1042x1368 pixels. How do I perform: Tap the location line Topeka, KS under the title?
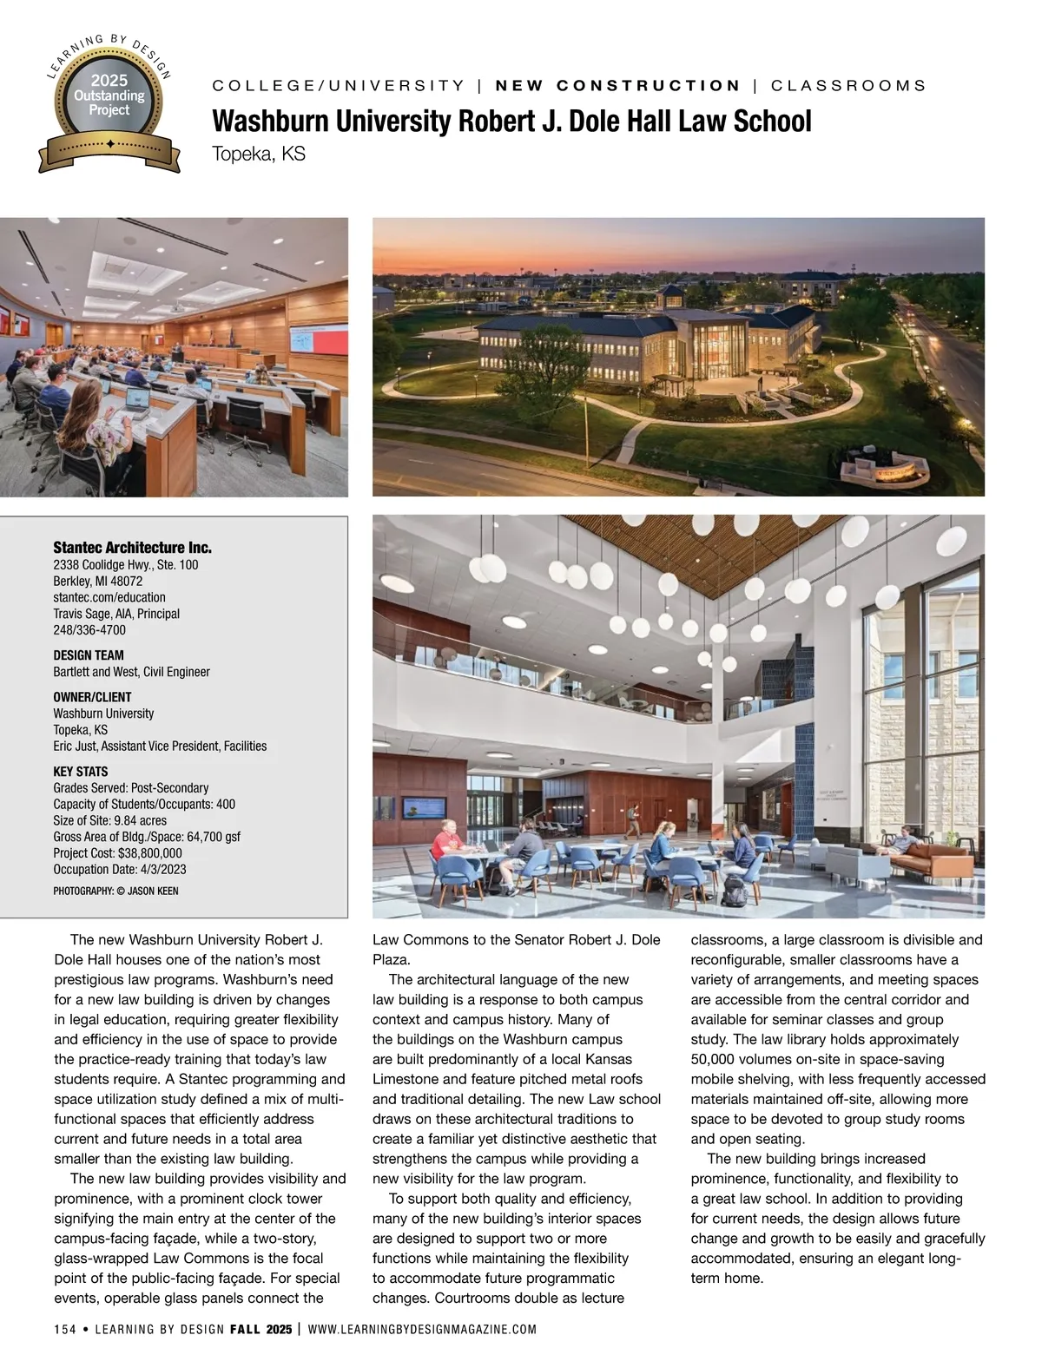pyautogui.click(x=259, y=155)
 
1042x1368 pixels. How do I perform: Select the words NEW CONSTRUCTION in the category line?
pyautogui.click(x=617, y=86)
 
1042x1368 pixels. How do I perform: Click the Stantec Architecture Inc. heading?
pyautogui.click(x=132, y=548)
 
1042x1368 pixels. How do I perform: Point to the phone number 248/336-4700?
pyautogui.click(x=89, y=630)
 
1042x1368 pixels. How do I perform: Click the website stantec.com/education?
pyautogui.click(x=109, y=597)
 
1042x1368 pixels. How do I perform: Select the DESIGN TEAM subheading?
pyautogui.click(x=89, y=655)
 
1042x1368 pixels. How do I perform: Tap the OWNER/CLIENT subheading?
pyautogui.click(x=92, y=697)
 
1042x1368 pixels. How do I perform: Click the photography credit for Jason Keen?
pyautogui.click(x=115, y=891)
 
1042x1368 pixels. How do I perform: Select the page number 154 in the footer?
pyautogui.click(x=65, y=1330)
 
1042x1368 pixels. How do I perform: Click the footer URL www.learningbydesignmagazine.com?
pyautogui.click(x=422, y=1330)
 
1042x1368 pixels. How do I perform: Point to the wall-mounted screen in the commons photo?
pyautogui.click(x=419, y=806)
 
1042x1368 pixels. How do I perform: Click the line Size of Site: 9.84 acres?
pyautogui.click(x=109, y=820)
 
